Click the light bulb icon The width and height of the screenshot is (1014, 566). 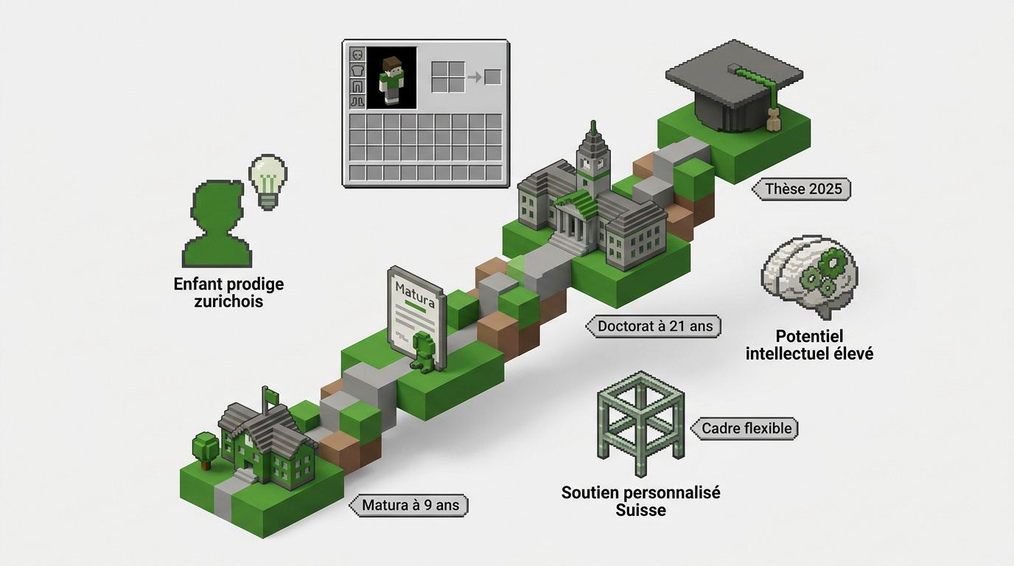pyautogui.click(x=268, y=182)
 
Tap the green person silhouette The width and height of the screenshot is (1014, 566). pyautogui.click(x=217, y=224)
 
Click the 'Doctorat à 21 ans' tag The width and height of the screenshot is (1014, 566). pyautogui.click(x=653, y=326)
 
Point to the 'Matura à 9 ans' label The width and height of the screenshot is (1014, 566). pyautogui.click(x=409, y=505)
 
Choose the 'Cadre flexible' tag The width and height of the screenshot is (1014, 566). pyautogui.click(x=744, y=428)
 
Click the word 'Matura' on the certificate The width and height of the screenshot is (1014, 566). pyautogui.click(x=415, y=294)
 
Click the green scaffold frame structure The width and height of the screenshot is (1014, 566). pyautogui.click(x=640, y=423)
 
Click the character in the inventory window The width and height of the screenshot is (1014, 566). pyautogui.click(x=391, y=80)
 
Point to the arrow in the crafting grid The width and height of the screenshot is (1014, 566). pyautogui.click(x=475, y=77)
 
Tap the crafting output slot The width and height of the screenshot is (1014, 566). pyautogui.click(x=492, y=77)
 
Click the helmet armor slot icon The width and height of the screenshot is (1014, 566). pyautogui.click(x=357, y=55)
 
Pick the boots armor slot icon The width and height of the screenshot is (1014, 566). pyautogui.click(x=357, y=101)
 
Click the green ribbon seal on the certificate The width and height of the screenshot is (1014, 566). pyautogui.click(x=423, y=352)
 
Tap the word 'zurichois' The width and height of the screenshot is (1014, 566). pyautogui.click(x=228, y=302)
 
